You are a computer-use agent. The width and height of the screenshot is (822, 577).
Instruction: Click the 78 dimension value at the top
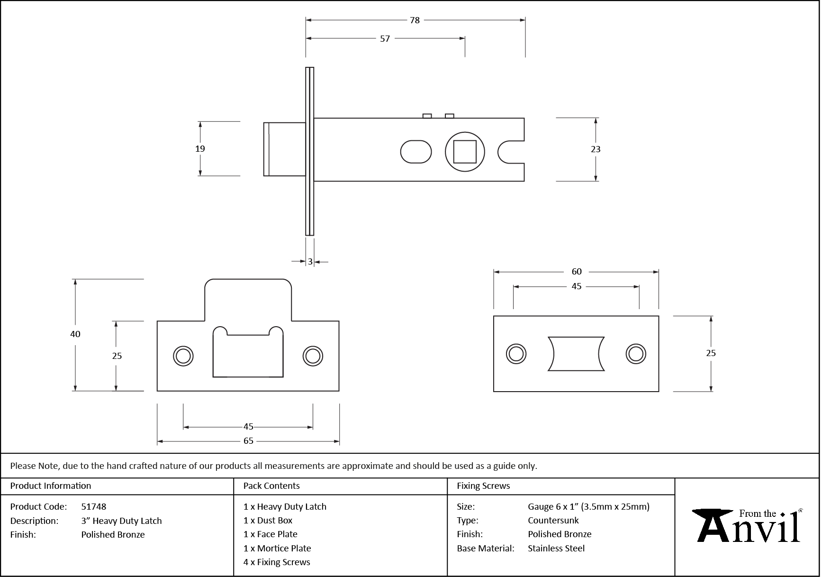pyautogui.click(x=415, y=20)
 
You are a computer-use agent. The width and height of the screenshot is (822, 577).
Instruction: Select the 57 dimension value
pyautogui.click(x=385, y=39)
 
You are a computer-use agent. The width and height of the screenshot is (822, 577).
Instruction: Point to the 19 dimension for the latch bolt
pyautogui.click(x=200, y=149)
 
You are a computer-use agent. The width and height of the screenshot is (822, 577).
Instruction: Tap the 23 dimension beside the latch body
pyautogui.click(x=596, y=149)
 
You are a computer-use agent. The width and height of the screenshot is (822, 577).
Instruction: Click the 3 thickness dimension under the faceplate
pyautogui.click(x=310, y=262)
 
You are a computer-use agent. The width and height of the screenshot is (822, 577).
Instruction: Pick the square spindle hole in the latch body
pyautogui.click(x=465, y=152)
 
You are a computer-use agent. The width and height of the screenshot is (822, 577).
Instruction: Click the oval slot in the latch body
pyautogui.click(x=416, y=152)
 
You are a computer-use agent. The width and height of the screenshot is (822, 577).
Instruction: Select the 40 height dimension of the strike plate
pyautogui.click(x=75, y=334)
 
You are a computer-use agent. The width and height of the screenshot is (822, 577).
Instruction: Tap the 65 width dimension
pyautogui.click(x=248, y=441)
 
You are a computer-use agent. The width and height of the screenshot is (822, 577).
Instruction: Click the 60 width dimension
pyautogui.click(x=576, y=272)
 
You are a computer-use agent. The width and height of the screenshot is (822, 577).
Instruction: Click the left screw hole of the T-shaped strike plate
pyautogui.click(x=183, y=356)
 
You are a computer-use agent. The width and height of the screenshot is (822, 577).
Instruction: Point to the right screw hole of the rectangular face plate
pyautogui.click(x=635, y=354)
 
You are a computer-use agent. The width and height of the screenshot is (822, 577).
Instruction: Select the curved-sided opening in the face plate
pyautogui.click(x=576, y=354)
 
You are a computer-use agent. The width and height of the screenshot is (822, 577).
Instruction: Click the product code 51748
pyautogui.click(x=94, y=506)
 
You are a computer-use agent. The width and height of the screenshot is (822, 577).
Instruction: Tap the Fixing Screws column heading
pyautogui.click(x=483, y=486)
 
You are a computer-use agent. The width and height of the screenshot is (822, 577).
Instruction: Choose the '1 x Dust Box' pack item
pyautogui.click(x=268, y=520)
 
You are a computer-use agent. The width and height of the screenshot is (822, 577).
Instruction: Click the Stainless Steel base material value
pyautogui.click(x=556, y=548)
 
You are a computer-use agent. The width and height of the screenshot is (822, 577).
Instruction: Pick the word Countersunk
pyautogui.click(x=553, y=520)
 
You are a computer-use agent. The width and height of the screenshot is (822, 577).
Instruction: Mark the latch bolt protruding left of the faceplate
pyautogui.click(x=284, y=149)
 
